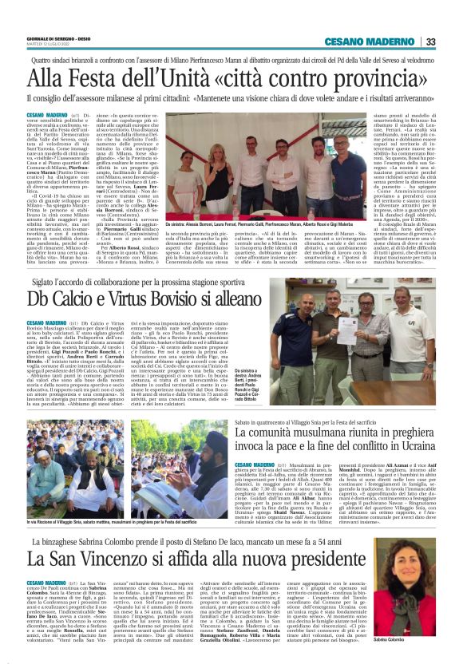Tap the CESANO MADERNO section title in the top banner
(380, 42)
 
